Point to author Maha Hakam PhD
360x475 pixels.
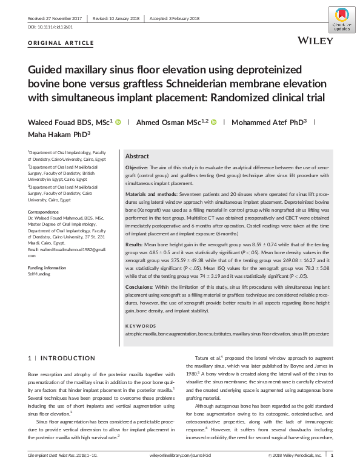click(x=58, y=135)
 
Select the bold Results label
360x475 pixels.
click(x=135, y=242)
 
